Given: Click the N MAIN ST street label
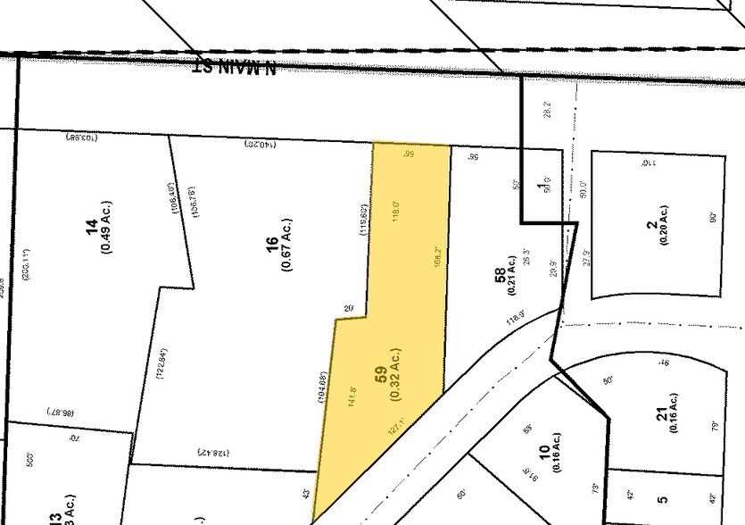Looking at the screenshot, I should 235,66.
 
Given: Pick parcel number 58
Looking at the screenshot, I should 500,278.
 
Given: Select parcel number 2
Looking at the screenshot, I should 651,222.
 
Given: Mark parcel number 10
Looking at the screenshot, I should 542,454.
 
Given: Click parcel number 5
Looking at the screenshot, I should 661,501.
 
